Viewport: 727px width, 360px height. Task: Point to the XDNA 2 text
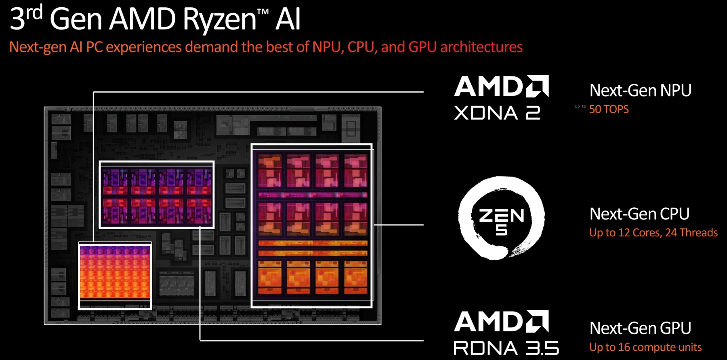tap(497, 113)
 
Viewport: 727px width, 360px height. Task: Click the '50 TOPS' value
tap(609, 109)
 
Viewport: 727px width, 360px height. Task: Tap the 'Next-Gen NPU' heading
tap(640, 91)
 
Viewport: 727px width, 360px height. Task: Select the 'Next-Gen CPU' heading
tap(639, 214)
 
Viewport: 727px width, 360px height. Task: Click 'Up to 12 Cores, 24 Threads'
tap(653, 233)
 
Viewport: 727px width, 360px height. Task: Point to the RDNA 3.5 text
tap(506, 348)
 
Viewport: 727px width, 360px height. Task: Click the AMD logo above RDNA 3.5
tap(501, 322)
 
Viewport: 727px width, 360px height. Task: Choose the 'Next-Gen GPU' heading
tap(640, 328)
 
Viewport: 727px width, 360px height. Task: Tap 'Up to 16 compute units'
tap(645, 347)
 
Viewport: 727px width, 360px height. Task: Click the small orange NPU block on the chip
tap(115, 276)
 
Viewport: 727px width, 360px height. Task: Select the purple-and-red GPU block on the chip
tap(157, 195)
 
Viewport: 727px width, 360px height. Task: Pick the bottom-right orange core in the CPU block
tap(356, 277)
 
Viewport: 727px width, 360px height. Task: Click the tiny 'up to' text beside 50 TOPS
tap(580, 107)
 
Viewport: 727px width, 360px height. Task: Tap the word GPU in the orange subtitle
tap(422, 47)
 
